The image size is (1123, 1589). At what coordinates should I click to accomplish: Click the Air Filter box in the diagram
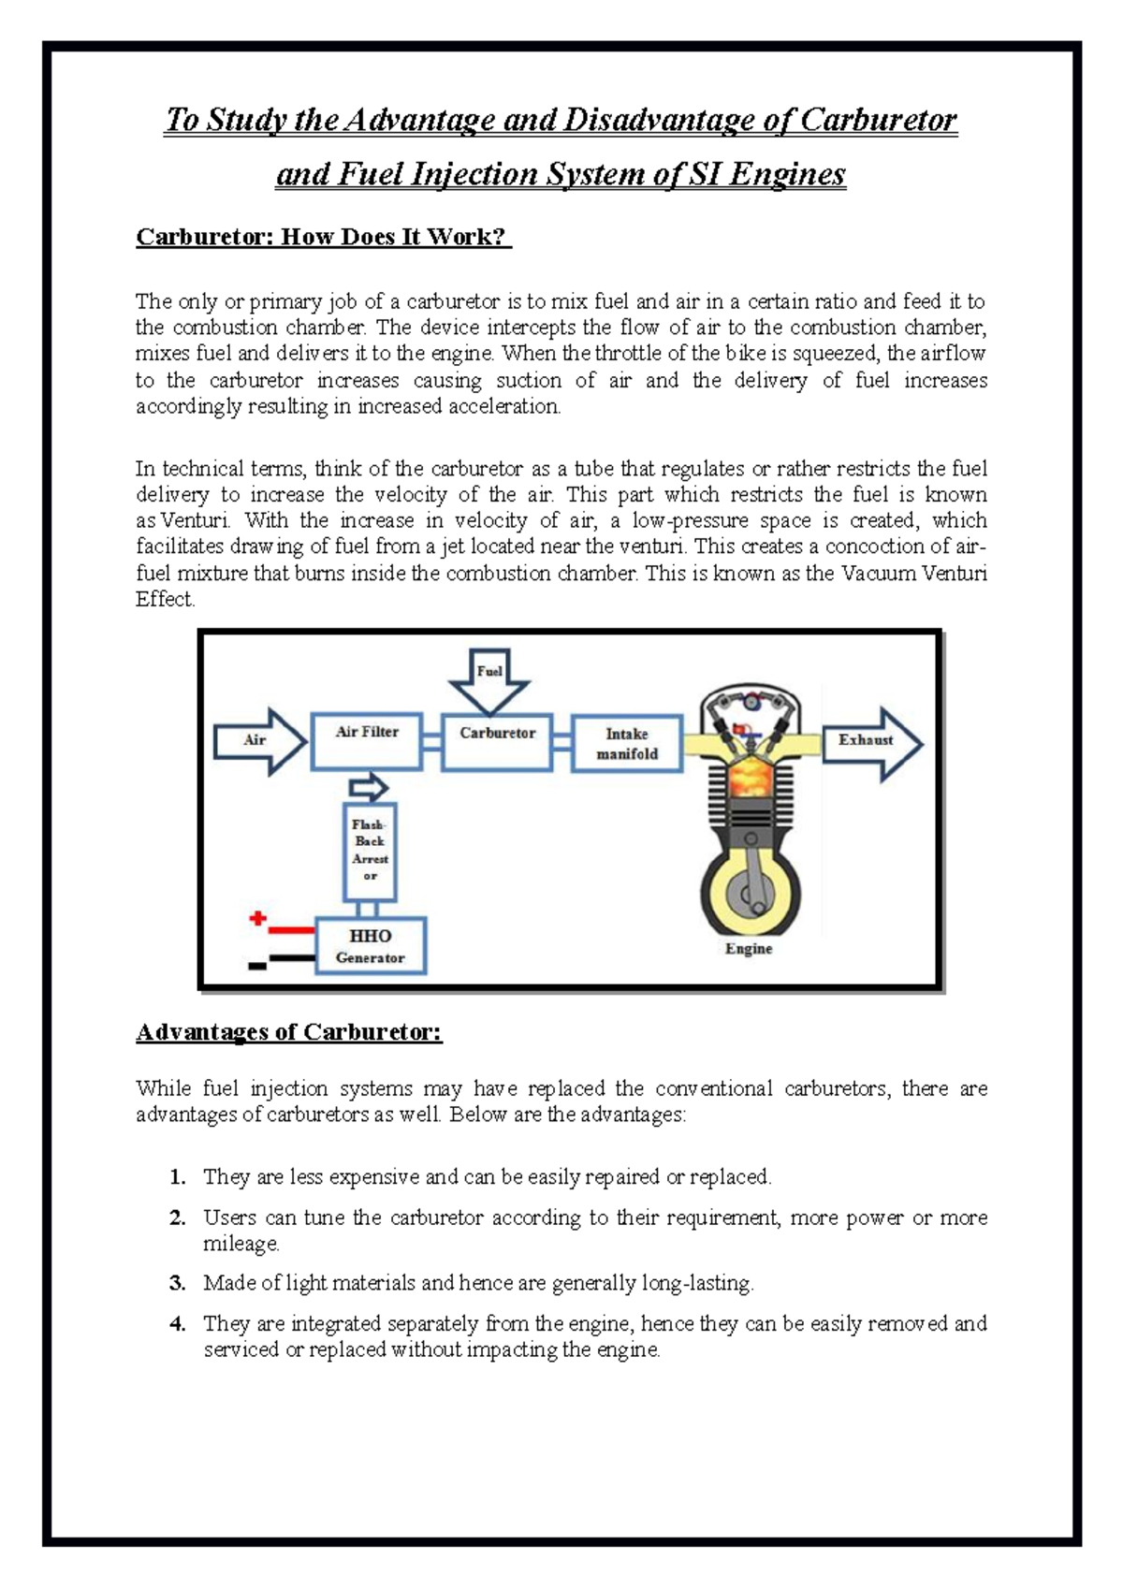click(367, 741)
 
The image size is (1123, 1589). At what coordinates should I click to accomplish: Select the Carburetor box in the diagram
click(497, 742)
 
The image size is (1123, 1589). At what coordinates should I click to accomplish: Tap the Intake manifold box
click(626, 744)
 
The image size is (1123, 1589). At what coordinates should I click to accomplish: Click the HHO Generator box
click(371, 946)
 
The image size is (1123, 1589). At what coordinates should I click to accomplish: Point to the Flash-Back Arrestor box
click(370, 851)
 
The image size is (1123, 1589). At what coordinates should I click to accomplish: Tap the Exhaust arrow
click(871, 743)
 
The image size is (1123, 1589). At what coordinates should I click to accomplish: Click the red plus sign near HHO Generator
click(258, 918)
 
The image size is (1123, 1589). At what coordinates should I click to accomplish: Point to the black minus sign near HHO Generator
click(257, 965)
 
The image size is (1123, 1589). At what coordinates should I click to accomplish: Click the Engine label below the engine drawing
click(749, 949)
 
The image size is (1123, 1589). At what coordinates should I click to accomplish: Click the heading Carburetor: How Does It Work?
click(323, 237)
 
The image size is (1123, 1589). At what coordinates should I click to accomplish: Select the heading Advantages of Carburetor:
click(288, 1032)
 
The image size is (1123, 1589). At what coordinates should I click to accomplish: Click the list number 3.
click(177, 1283)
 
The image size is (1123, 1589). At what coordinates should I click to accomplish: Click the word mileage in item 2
click(241, 1244)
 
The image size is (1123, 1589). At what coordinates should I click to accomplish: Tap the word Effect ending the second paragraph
click(165, 599)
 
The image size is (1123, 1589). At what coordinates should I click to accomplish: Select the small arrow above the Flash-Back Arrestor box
click(369, 787)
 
